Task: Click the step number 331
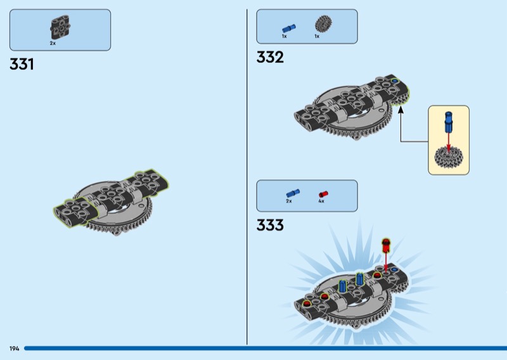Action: tap(22, 64)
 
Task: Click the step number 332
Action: tap(270, 57)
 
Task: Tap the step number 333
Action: tap(270, 225)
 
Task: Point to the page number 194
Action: tap(14, 349)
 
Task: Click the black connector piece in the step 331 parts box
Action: tap(60, 27)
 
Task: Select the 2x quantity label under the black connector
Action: tap(53, 43)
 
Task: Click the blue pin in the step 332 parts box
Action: tap(289, 29)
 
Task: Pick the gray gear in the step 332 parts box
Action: tap(323, 23)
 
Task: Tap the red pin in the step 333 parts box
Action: tap(323, 194)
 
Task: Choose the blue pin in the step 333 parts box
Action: tap(293, 193)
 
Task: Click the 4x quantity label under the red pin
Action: tap(321, 201)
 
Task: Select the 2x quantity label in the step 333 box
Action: tap(289, 201)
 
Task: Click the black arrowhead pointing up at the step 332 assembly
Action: tap(401, 110)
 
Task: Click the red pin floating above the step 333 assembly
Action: tap(386, 246)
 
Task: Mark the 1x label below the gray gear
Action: tap(317, 36)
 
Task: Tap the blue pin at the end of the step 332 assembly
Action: tap(395, 80)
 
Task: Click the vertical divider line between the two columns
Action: tap(247, 177)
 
